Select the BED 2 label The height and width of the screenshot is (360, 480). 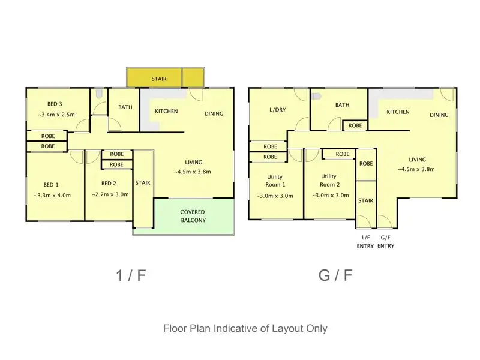point(109,184)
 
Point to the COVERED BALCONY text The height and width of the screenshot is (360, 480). point(193,216)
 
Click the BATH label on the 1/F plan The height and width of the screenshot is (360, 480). point(125,107)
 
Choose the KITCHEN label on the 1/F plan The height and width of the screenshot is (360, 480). point(166,112)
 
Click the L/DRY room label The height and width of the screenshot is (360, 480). point(278,110)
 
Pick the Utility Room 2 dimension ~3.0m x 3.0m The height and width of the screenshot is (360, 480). point(331,196)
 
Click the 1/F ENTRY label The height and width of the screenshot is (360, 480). point(362,242)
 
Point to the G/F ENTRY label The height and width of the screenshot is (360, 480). point(386,242)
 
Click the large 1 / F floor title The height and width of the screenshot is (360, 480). point(130,275)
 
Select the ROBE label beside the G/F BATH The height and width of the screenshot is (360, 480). point(355,126)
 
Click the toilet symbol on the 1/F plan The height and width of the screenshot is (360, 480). point(99,94)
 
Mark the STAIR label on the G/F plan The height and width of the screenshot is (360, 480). point(366,200)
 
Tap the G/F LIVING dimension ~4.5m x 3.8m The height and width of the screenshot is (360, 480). point(417,169)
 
